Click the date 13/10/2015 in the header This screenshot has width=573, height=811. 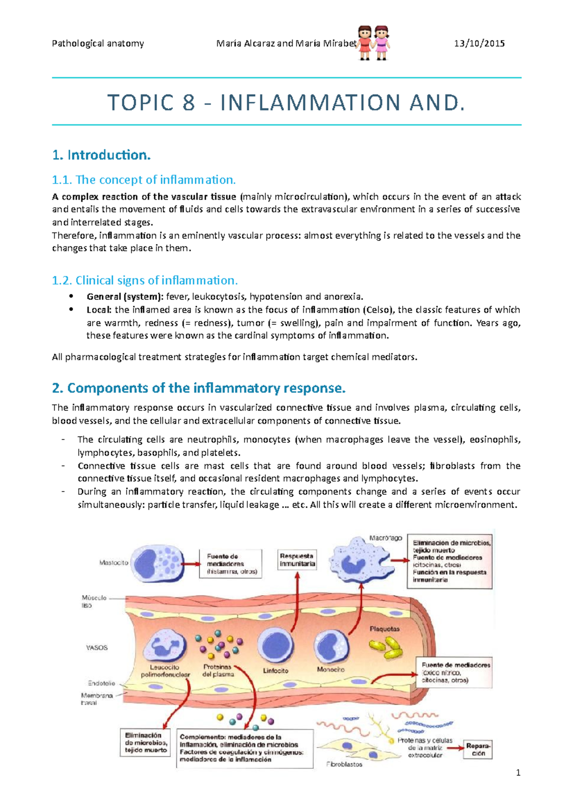[479, 43]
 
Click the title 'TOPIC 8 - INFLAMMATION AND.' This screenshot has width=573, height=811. [286, 102]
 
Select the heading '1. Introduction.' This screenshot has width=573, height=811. [101, 155]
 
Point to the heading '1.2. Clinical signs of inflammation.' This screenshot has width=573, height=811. [144, 280]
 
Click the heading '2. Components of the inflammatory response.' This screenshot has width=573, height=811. [198, 388]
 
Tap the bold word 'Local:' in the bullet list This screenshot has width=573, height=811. [99, 309]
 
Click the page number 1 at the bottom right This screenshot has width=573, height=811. [518, 773]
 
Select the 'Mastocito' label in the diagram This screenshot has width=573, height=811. [114, 563]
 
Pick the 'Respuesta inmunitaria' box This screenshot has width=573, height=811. [297, 560]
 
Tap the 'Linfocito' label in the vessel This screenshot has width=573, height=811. [276, 671]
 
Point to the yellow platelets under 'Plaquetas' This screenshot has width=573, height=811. [385, 648]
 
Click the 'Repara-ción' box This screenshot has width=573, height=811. [478, 749]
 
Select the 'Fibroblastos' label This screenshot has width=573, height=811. [344, 764]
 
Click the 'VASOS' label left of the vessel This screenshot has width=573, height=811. [96, 648]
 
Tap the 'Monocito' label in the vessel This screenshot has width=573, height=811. [330, 670]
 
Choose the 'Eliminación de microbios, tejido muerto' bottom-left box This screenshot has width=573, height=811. [146, 743]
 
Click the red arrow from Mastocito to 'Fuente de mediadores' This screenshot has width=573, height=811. [192, 564]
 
